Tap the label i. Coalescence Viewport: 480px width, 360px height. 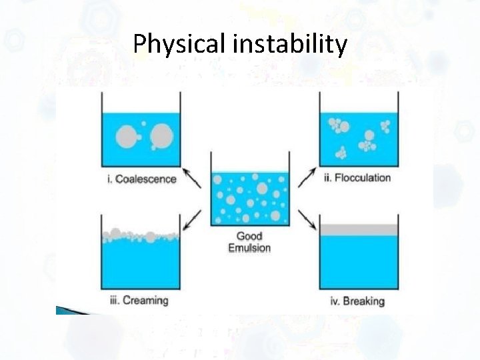[x=141, y=179]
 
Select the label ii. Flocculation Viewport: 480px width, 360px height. [x=357, y=178]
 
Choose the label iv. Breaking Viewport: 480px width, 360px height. [x=357, y=301]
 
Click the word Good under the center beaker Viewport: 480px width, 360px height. [x=249, y=236]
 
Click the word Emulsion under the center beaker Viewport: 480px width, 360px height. [x=249, y=248]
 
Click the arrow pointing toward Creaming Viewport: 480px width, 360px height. [x=192, y=219]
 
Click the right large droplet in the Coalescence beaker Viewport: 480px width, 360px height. [x=161, y=136]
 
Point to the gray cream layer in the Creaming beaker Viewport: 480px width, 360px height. [x=140, y=235]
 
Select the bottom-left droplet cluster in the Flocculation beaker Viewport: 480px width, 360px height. [x=341, y=153]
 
